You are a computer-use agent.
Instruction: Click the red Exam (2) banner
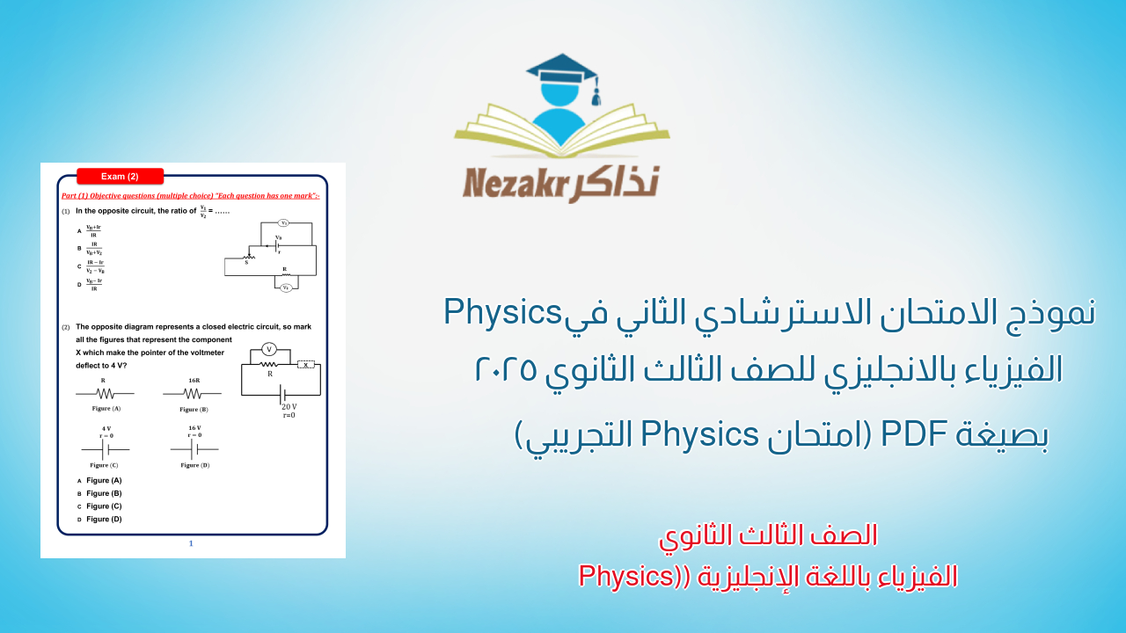click(120, 176)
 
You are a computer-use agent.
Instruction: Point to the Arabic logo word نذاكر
click(618, 183)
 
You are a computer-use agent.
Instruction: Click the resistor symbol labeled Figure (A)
click(105, 393)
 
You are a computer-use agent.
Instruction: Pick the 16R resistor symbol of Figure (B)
click(192, 393)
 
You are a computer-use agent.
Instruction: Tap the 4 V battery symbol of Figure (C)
click(105, 449)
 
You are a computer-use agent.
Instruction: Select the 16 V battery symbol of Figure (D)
click(194, 449)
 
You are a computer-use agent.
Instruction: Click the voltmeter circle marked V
click(270, 349)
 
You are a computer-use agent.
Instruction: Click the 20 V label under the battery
click(289, 407)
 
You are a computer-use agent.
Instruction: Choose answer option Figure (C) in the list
click(104, 506)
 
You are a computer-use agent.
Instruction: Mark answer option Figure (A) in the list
click(104, 480)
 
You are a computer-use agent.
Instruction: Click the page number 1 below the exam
click(191, 543)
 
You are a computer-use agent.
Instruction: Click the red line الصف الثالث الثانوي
click(768, 535)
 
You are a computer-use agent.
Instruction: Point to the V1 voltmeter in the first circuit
click(284, 223)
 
